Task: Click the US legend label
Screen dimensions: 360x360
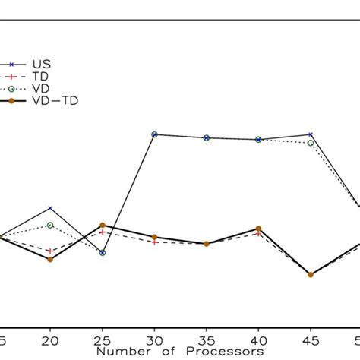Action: coord(40,65)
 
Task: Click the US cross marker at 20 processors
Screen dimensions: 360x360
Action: coord(50,208)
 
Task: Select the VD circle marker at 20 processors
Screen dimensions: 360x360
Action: coord(50,225)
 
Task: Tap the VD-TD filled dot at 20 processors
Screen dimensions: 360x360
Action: coord(50,260)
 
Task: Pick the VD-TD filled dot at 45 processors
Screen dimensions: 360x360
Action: coord(311,275)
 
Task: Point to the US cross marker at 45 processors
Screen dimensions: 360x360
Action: coord(311,134)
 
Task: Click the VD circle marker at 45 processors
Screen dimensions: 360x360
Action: coord(311,142)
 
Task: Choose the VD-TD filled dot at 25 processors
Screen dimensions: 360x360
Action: coord(103,226)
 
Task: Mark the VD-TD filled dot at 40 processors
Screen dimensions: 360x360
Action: coord(258,229)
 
